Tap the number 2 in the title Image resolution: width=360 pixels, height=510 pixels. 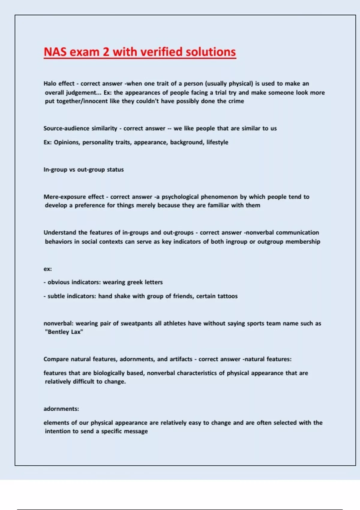click(x=106, y=52)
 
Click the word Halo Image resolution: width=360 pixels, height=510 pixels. click(x=50, y=83)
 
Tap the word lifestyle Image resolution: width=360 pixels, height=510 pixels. click(x=217, y=142)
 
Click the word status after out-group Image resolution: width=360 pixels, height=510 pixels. click(x=115, y=169)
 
